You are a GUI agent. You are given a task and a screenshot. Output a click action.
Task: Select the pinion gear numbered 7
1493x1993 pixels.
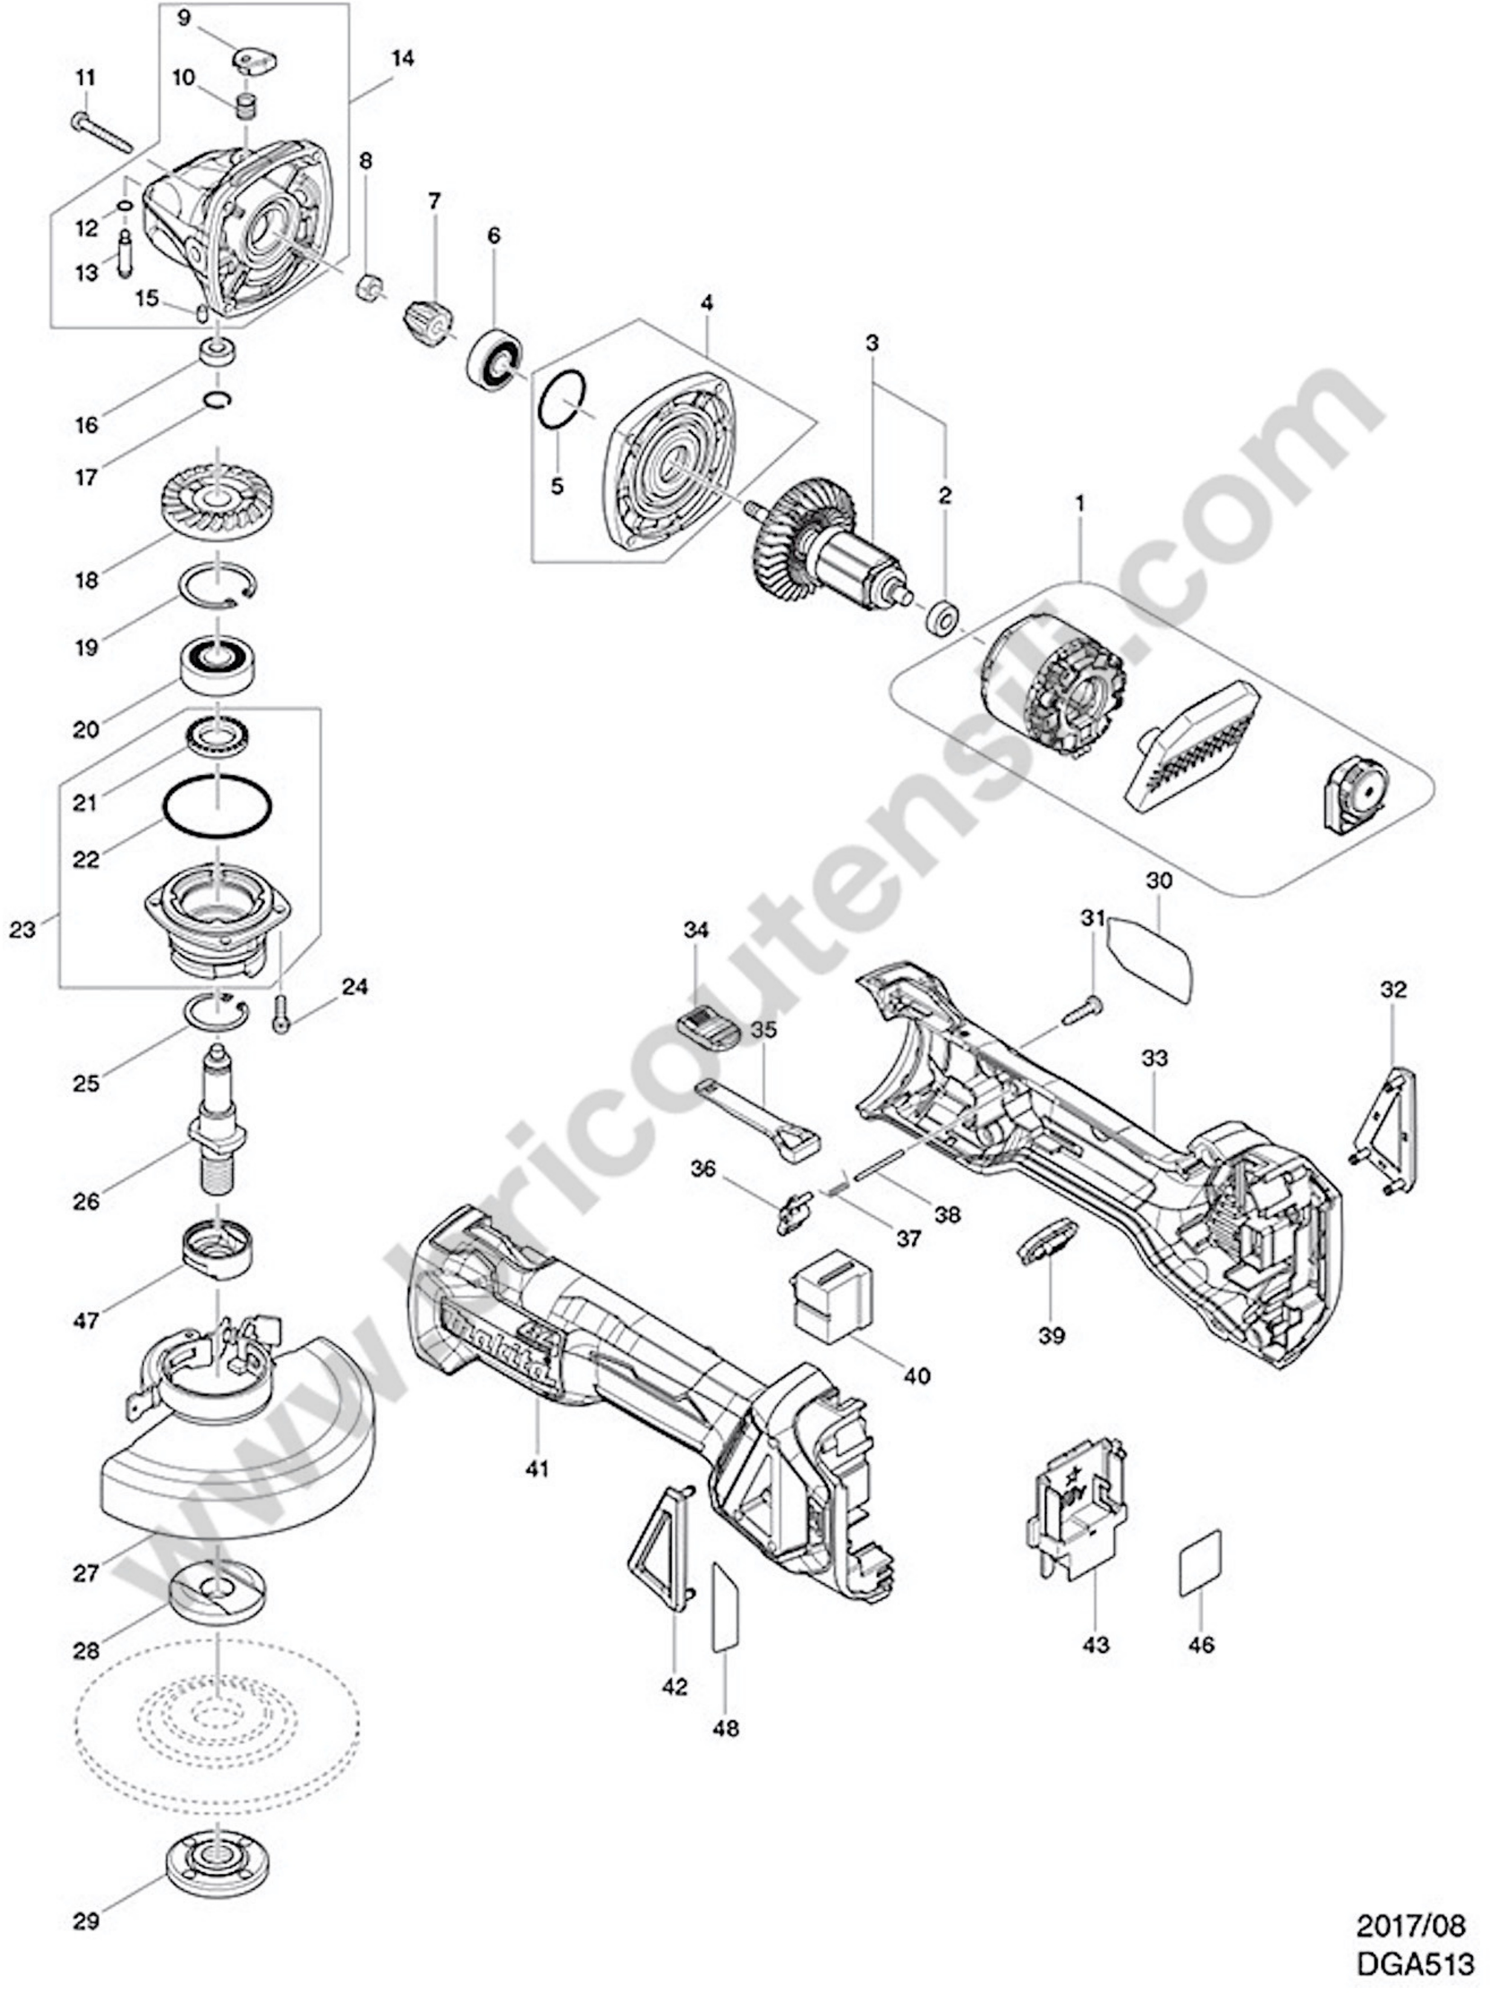[428, 324]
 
